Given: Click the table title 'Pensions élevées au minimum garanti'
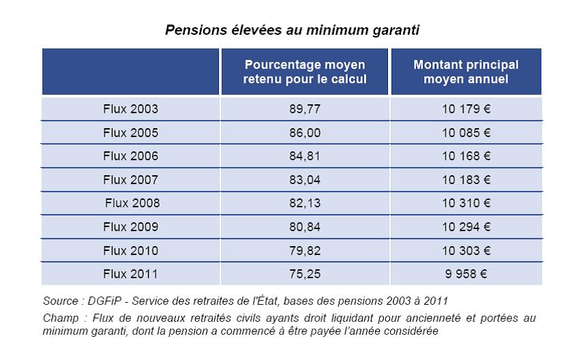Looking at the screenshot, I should (291, 31).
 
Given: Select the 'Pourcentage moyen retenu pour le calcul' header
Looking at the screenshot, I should (305, 72).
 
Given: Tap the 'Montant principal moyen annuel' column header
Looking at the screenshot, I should (466, 72).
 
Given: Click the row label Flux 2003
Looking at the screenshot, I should (130, 108).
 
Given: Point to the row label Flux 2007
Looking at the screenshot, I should (130, 180).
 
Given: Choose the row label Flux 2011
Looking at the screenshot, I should (130, 274).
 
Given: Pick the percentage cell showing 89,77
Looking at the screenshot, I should (305, 108).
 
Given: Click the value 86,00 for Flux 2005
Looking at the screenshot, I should (305, 132).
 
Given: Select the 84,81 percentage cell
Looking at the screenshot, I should (305, 156).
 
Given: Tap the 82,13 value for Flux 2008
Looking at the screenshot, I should (305, 203).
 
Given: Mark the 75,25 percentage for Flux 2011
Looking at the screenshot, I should (305, 274).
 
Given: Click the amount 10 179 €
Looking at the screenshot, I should (466, 108).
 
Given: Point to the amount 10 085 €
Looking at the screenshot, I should (466, 132).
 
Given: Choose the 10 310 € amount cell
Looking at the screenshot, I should (466, 203).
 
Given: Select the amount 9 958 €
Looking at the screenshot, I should (466, 274).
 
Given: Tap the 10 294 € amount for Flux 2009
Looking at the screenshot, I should (466, 227).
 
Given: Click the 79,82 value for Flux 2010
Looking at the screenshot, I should (305, 251).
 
